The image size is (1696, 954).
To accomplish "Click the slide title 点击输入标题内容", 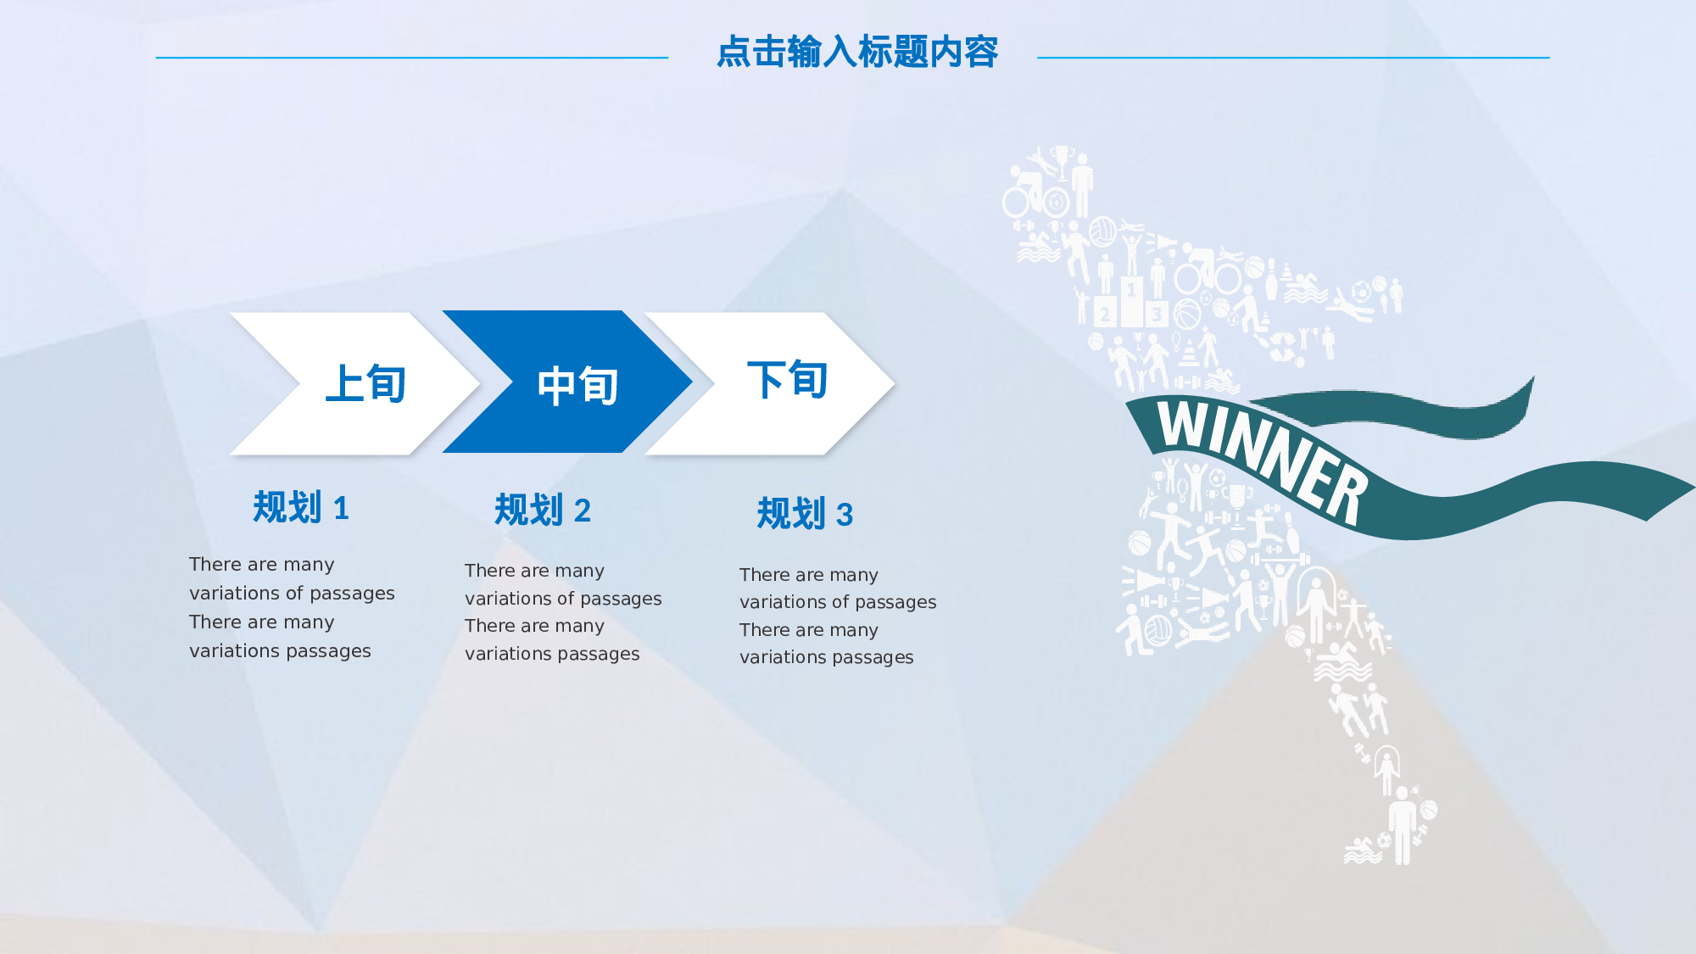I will tap(856, 52).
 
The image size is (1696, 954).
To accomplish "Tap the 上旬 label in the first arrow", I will tap(366, 383).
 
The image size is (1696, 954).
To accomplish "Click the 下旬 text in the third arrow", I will tap(787, 379).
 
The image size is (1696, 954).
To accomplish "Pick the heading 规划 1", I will tap(300, 507).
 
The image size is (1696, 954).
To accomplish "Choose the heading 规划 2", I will tap(542, 510).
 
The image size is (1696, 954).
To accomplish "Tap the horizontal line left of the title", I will tap(412, 58).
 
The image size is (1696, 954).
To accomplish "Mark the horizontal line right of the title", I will tap(1292, 58).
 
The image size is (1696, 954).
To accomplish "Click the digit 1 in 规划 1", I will tap(341, 509).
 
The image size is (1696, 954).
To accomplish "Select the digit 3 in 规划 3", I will tap(845, 516).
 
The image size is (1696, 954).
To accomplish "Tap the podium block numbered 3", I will tap(1157, 315).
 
